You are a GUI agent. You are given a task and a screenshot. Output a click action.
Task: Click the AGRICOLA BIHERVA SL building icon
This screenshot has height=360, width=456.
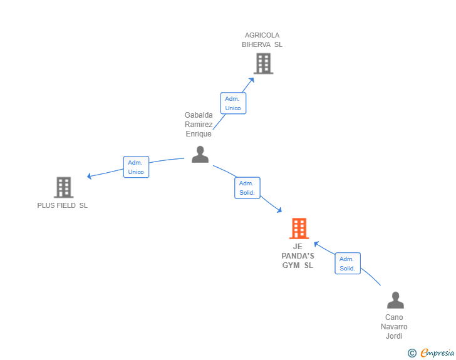[x=263, y=63]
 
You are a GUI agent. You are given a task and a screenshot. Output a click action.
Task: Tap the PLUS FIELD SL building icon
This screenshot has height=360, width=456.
[x=63, y=187]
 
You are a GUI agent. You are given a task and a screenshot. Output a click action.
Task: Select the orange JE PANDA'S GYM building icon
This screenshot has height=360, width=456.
[x=299, y=229]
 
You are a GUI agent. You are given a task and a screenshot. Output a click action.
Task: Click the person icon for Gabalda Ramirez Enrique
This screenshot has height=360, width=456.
[x=200, y=154]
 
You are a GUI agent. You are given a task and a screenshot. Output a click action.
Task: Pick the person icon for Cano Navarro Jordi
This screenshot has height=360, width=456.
[x=395, y=301]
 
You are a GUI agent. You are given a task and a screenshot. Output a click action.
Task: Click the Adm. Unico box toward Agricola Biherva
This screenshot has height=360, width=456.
[x=233, y=103]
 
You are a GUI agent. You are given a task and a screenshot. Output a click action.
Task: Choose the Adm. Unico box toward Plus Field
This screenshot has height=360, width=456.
[x=136, y=167]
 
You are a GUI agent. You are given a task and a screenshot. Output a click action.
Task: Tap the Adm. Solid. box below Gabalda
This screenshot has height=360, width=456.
[x=247, y=188]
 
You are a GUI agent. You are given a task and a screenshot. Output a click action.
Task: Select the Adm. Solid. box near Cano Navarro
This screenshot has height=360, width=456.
[x=347, y=264]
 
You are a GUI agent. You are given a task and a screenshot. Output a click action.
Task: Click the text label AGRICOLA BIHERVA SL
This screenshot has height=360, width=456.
[x=262, y=40]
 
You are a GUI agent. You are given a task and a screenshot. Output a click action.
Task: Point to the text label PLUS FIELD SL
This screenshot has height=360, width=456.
[x=63, y=205]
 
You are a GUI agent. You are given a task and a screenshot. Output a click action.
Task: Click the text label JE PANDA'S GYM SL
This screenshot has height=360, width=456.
[x=298, y=256]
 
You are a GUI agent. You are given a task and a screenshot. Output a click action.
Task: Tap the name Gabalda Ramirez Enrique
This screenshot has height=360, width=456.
[x=199, y=124]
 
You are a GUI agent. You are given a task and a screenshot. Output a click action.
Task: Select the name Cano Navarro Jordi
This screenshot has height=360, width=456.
[x=394, y=326]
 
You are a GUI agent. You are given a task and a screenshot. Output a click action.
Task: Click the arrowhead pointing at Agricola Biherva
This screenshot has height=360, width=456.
[x=252, y=79]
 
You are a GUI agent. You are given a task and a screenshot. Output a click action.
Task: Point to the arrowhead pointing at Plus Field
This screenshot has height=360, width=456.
[x=90, y=177]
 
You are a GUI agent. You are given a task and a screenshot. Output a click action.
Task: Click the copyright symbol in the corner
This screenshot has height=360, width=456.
[x=412, y=353]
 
